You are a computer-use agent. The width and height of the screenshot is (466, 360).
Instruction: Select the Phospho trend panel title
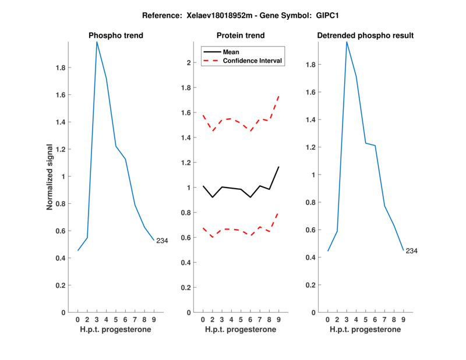click(x=116, y=36)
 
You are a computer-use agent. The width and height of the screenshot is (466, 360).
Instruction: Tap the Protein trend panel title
click(x=241, y=36)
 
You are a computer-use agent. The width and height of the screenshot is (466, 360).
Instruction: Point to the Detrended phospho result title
click(x=365, y=36)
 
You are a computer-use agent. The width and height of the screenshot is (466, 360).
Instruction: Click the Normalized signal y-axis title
click(x=51, y=177)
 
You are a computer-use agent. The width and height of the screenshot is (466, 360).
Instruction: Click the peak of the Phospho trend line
click(x=97, y=41)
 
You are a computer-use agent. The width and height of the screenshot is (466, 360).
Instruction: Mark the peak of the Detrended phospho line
click(x=347, y=41)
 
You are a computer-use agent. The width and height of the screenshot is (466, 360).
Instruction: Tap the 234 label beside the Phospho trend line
click(x=162, y=241)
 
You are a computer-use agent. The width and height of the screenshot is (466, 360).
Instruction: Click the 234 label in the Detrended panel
click(x=412, y=251)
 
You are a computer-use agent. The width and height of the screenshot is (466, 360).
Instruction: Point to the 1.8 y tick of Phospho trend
click(x=60, y=68)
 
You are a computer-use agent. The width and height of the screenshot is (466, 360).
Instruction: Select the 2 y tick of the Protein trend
click(x=189, y=63)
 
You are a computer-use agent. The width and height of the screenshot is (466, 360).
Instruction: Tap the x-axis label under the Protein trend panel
click(x=241, y=330)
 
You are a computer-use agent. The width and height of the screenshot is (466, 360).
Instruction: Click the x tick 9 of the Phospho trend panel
click(x=154, y=320)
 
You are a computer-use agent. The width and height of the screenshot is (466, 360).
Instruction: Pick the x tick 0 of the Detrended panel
click(x=327, y=320)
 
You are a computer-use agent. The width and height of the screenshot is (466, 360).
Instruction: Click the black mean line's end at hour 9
click(x=278, y=167)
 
